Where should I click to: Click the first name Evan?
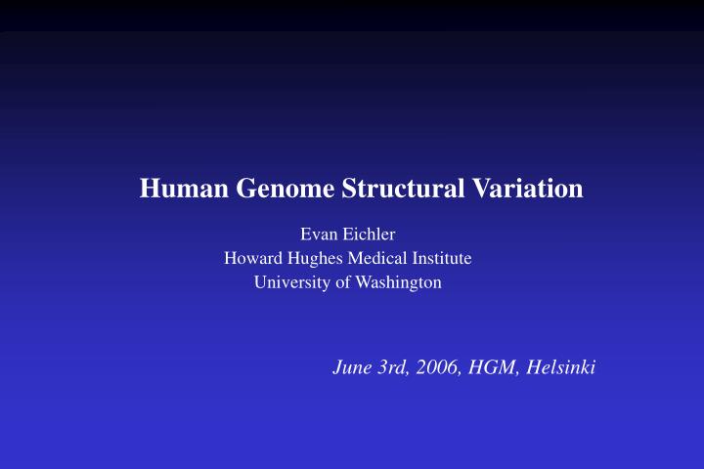click(318, 234)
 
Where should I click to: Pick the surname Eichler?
click(369, 234)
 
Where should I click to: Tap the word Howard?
click(251, 259)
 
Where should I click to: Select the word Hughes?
click(312, 259)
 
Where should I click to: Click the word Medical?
click(374, 259)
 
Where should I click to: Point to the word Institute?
click(441, 259)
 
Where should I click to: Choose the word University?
click(290, 283)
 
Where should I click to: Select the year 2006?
click(436, 368)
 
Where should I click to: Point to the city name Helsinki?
click(561, 368)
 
